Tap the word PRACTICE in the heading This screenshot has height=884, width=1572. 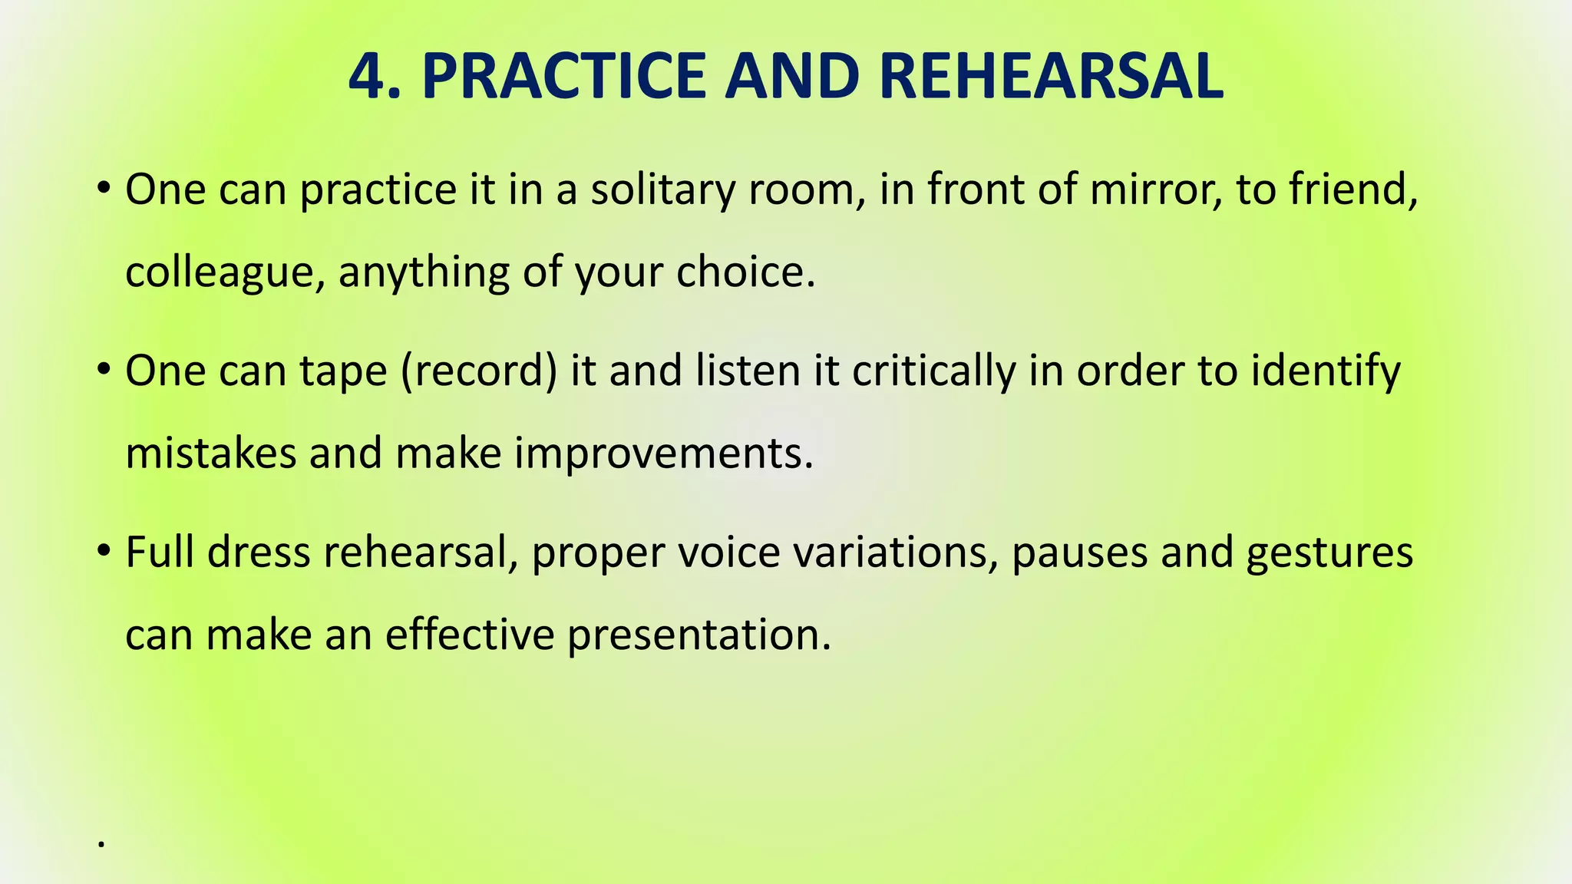coord(563,77)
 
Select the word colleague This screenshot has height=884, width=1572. coord(223,273)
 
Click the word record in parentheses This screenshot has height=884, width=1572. coord(479,371)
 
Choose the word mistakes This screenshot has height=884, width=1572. coord(210,453)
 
